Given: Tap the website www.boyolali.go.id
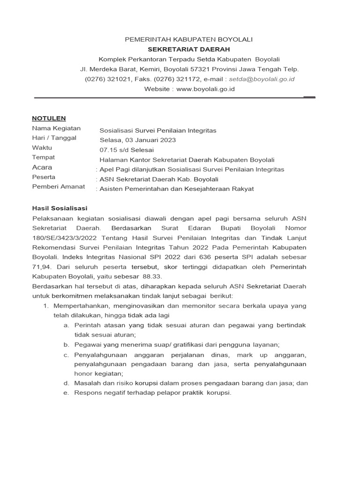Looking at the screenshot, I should [205, 89].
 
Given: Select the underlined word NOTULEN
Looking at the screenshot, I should [49, 118].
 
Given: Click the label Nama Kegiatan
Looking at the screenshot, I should [56, 128].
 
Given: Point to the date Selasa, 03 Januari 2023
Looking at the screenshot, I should [138, 140].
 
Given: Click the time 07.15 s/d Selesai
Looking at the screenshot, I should [123, 150].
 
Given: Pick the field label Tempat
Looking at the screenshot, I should [43, 157].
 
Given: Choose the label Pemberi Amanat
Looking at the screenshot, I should [58, 187].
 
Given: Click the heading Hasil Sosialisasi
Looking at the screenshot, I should [60, 208].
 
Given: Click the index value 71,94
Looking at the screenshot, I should [41, 267].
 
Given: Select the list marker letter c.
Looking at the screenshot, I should [66, 354].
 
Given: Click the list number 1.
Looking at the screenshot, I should [46, 306].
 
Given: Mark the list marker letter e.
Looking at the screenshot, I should [66, 392].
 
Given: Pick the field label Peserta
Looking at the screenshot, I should [44, 177].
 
